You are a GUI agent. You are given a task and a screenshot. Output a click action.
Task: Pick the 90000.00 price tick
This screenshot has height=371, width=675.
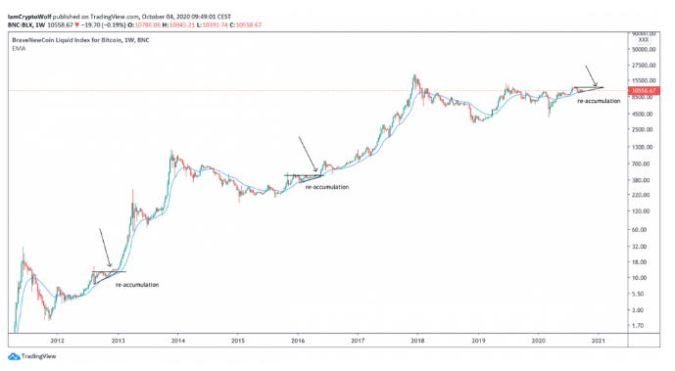646,48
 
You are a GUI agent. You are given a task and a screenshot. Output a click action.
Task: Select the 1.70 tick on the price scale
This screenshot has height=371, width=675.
641,326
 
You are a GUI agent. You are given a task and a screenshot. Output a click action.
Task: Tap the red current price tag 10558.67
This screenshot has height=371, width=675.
644,89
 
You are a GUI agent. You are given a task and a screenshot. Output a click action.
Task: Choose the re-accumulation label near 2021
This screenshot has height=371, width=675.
599,101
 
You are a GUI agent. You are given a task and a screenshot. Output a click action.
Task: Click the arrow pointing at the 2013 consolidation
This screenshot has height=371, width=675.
104,247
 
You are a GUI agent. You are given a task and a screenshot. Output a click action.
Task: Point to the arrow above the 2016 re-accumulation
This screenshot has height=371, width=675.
308,154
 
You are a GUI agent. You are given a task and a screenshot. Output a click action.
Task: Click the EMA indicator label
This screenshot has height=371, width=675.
18,47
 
